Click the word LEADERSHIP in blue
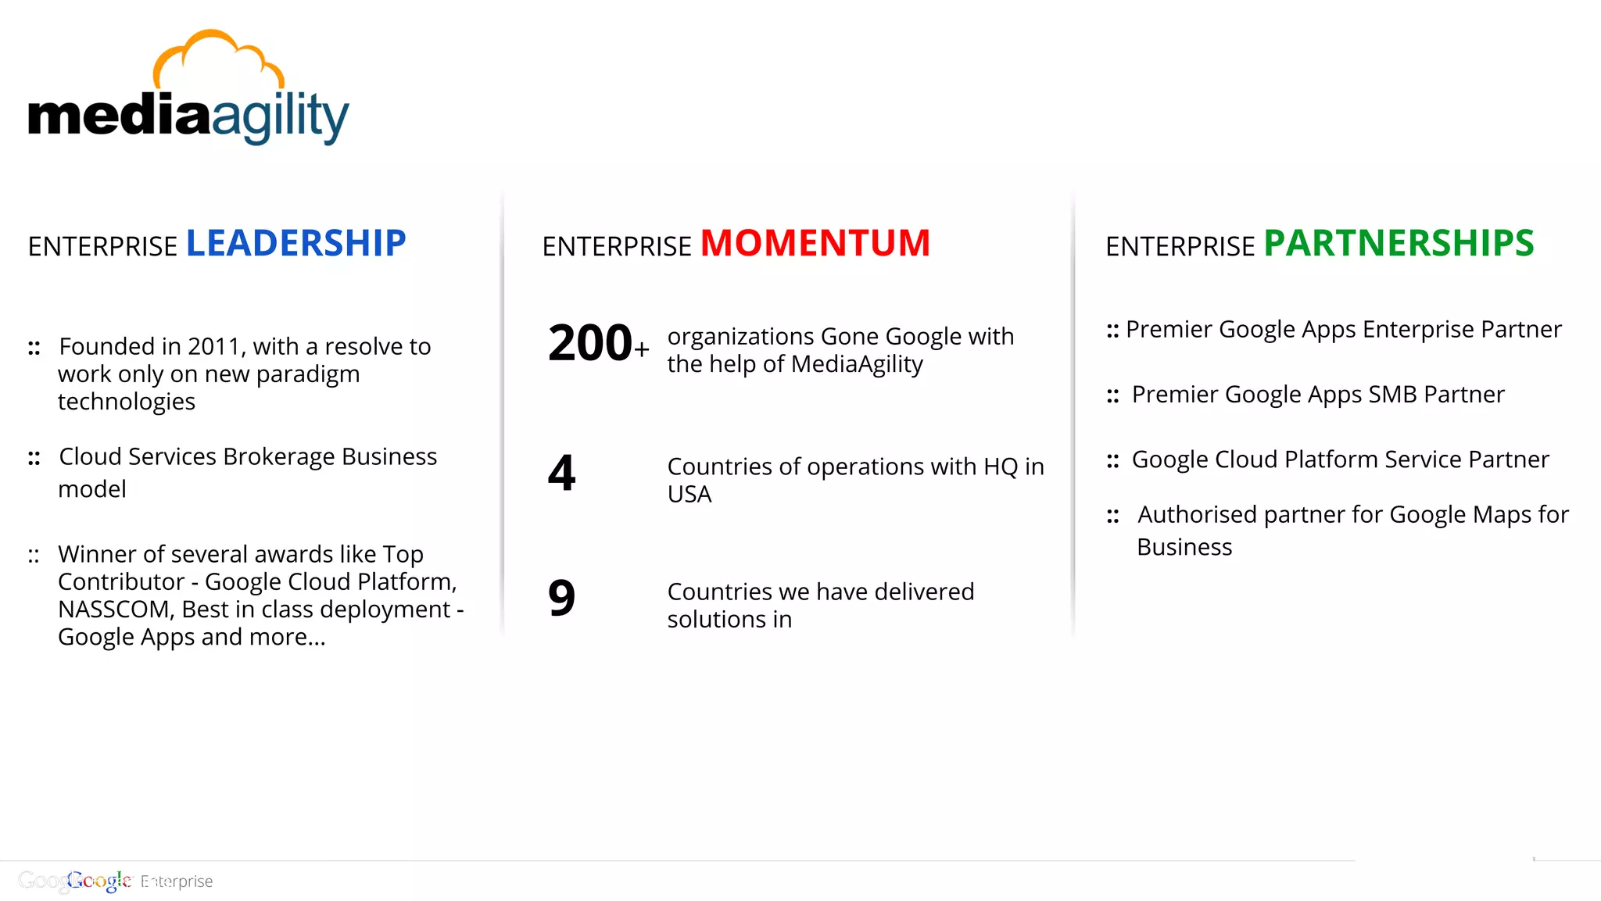295,244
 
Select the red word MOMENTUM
815,244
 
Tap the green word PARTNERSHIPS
1399,244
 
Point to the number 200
589,344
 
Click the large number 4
561,474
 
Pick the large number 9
561,599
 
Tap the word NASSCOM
115,610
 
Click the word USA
689,495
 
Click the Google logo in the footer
98,881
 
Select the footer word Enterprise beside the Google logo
177,881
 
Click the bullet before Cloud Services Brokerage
34,458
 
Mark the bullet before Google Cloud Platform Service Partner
1112,461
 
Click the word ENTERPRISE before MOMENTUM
617,247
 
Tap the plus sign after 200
642,349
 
